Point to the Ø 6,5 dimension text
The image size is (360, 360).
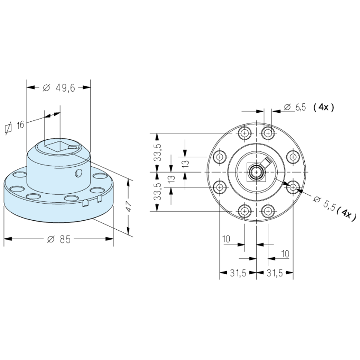[x=295, y=108]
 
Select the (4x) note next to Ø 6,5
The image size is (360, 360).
[x=324, y=108]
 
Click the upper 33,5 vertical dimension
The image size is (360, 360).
[x=158, y=152]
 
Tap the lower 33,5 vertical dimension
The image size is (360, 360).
[x=158, y=192]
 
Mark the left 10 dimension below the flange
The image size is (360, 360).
[x=227, y=239]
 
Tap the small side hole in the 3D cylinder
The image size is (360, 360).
[x=78, y=173]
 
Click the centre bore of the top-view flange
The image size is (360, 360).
[x=256, y=172]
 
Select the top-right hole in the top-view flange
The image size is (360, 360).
[x=268, y=133]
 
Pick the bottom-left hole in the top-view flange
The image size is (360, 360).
[x=244, y=211]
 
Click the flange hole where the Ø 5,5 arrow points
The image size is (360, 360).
[x=293, y=187]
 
